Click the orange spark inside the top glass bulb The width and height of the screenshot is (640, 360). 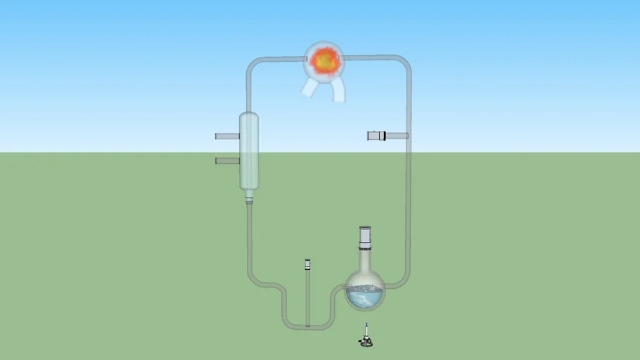[x=324, y=62]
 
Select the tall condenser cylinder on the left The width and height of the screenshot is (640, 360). [x=249, y=150]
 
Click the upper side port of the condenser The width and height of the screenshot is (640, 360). [x=226, y=136]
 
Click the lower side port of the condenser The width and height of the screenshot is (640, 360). [x=226, y=161]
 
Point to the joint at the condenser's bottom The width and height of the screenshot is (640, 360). [x=249, y=199]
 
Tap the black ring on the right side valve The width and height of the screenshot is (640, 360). [x=385, y=136]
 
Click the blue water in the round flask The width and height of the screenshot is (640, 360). [x=364, y=299]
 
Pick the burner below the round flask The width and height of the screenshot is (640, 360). [x=366, y=341]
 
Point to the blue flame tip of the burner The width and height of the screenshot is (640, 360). [x=366, y=325]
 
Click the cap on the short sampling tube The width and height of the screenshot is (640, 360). [x=307, y=264]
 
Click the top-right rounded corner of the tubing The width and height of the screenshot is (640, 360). [x=404, y=62]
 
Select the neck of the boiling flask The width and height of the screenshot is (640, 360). [x=365, y=259]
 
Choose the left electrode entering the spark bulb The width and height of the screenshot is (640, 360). [x=308, y=59]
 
